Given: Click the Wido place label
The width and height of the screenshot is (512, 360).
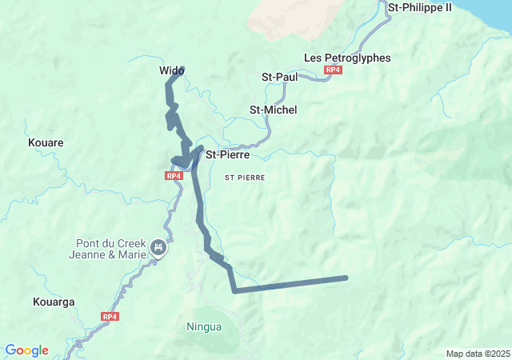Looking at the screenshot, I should coord(171,71).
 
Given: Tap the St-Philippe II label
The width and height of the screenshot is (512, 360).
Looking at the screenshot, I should coord(420,7).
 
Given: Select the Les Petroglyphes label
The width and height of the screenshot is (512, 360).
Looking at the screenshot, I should coord(347,58).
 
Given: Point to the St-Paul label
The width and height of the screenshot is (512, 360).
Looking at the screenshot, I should coord(280,77).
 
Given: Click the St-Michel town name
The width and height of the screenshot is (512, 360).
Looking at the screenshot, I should coord(274,110).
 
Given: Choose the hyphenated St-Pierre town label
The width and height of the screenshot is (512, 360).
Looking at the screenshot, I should coord(228,154).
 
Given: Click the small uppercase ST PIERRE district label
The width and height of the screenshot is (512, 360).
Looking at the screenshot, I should coord(245,177).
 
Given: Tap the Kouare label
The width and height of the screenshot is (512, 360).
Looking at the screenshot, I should coord(46,142).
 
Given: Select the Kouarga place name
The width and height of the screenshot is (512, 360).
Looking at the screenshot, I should coord(54,302).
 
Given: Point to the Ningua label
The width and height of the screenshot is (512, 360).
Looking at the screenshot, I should coord(204,326).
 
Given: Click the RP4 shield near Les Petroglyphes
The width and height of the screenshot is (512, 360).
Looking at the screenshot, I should coord(334,71).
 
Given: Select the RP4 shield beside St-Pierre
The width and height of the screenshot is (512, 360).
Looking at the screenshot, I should coord(174,175).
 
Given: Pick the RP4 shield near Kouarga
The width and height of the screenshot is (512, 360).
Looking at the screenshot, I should coord(110,317).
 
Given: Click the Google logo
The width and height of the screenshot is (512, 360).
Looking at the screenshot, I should coord(26,350).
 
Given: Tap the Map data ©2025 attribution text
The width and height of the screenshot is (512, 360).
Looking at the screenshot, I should coord(477,354).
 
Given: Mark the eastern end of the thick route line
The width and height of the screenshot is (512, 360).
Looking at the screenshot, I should coord(346,278).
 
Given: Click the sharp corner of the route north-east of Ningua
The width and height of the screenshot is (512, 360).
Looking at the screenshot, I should coord(234,290).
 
